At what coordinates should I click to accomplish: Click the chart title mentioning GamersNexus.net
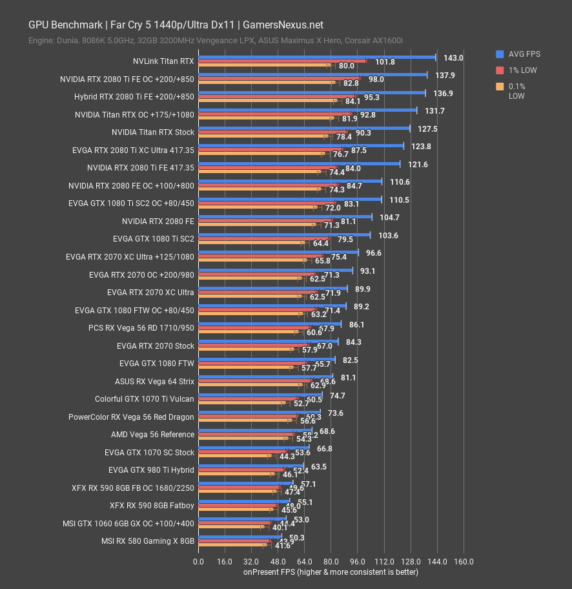click(x=176, y=25)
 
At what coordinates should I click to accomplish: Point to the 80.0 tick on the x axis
click(x=331, y=561)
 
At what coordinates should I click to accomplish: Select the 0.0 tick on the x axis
click(x=198, y=561)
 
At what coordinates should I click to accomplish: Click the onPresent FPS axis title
click(x=331, y=572)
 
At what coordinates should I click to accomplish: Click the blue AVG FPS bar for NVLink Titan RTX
click(x=316, y=57)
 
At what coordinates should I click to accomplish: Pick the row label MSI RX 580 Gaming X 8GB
click(x=148, y=541)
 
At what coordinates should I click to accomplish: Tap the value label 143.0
click(x=453, y=57)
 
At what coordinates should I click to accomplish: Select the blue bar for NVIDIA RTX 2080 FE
click(x=285, y=218)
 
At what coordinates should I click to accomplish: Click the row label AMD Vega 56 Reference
click(x=153, y=435)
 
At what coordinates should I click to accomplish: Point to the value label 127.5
click(x=427, y=129)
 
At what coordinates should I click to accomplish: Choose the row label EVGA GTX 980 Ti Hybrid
click(x=151, y=470)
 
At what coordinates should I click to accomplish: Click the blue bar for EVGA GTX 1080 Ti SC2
click(x=284, y=235)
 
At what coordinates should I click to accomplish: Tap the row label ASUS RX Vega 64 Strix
click(x=154, y=381)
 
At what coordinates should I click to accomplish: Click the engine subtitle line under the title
click(x=216, y=41)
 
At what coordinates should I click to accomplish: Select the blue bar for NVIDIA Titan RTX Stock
click(x=303, y=129)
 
